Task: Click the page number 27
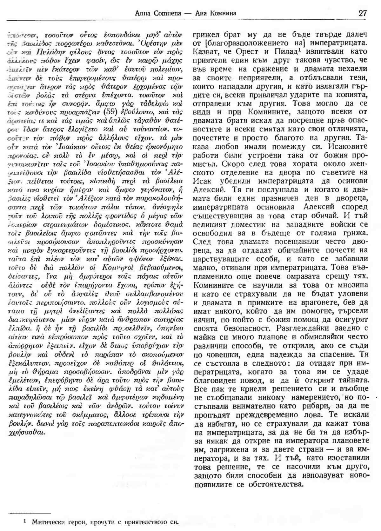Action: (362, 13)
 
